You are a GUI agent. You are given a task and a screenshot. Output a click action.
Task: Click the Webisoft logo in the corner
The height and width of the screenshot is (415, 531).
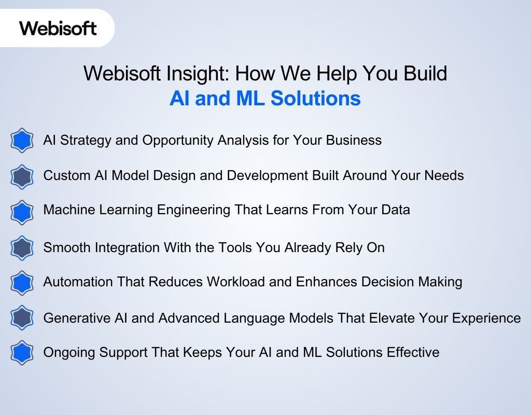point(58,27)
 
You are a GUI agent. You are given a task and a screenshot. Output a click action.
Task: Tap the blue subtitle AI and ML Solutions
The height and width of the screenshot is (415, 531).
point(265,98)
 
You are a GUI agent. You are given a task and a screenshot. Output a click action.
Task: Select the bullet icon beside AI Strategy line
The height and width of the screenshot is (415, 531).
point(22,141)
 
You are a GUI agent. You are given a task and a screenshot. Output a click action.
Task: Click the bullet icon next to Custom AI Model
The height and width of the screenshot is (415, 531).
point(22,176)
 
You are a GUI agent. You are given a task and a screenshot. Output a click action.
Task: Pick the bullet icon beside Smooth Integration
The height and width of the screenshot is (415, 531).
point(22,247)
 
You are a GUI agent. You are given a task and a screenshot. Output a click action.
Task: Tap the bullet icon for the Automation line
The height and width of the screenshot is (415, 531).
point(22,283)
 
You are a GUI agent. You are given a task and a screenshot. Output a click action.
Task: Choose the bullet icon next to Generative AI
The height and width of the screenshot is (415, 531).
point(22,318)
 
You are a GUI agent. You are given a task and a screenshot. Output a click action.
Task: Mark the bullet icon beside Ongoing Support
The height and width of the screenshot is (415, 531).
point(22,353)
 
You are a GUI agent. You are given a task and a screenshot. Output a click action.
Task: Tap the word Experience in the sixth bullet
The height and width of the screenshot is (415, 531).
point(484,318)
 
